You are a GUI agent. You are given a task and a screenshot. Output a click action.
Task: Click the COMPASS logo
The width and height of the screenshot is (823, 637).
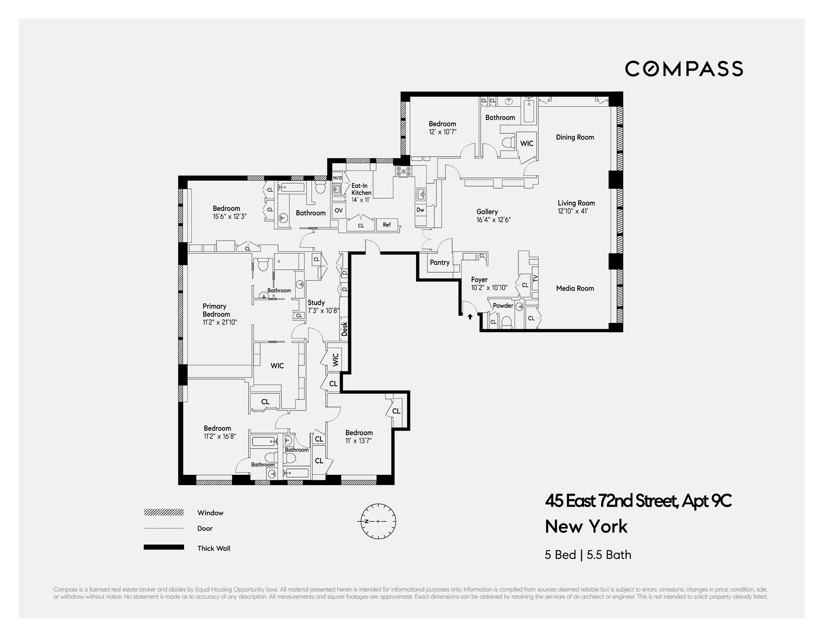click(x=684, y=69)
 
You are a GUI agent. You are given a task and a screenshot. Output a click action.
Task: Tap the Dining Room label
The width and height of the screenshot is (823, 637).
click(x=575, y=137)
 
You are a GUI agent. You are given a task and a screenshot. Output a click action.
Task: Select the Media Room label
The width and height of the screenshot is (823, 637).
click(x=575, y=288)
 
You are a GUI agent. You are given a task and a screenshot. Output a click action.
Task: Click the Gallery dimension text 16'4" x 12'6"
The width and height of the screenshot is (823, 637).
click(x=493, y=220)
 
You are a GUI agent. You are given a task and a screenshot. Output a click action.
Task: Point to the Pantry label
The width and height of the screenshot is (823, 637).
click(x=439, y=262)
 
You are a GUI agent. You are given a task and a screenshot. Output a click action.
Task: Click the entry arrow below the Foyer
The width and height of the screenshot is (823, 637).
click(x=470, y=317)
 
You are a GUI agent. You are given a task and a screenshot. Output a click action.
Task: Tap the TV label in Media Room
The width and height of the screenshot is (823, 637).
click(x=535, y=278)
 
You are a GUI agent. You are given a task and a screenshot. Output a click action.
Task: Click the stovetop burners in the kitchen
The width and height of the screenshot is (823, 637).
click(x=403, y=172)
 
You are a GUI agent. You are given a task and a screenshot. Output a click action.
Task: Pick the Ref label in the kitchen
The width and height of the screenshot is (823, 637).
click(x=387, y=225)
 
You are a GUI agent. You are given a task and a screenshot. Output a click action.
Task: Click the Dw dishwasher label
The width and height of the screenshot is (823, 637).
click(x=420, y=210)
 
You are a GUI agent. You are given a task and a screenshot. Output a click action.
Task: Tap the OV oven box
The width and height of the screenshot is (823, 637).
click(x=338, y=211)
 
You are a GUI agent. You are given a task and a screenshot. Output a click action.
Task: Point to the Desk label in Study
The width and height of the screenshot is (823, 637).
click(x=344, y=329)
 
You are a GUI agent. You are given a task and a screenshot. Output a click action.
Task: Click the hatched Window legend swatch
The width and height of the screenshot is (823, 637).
click(x=164, y=512)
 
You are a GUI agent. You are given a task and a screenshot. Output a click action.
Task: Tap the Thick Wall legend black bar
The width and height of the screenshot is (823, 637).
click(x=164, y=547)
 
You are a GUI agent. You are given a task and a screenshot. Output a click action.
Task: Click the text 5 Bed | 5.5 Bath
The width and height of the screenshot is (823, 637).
click(x=588, y=555)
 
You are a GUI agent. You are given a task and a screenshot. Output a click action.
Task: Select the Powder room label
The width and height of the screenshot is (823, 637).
click(x=503, y=306)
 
